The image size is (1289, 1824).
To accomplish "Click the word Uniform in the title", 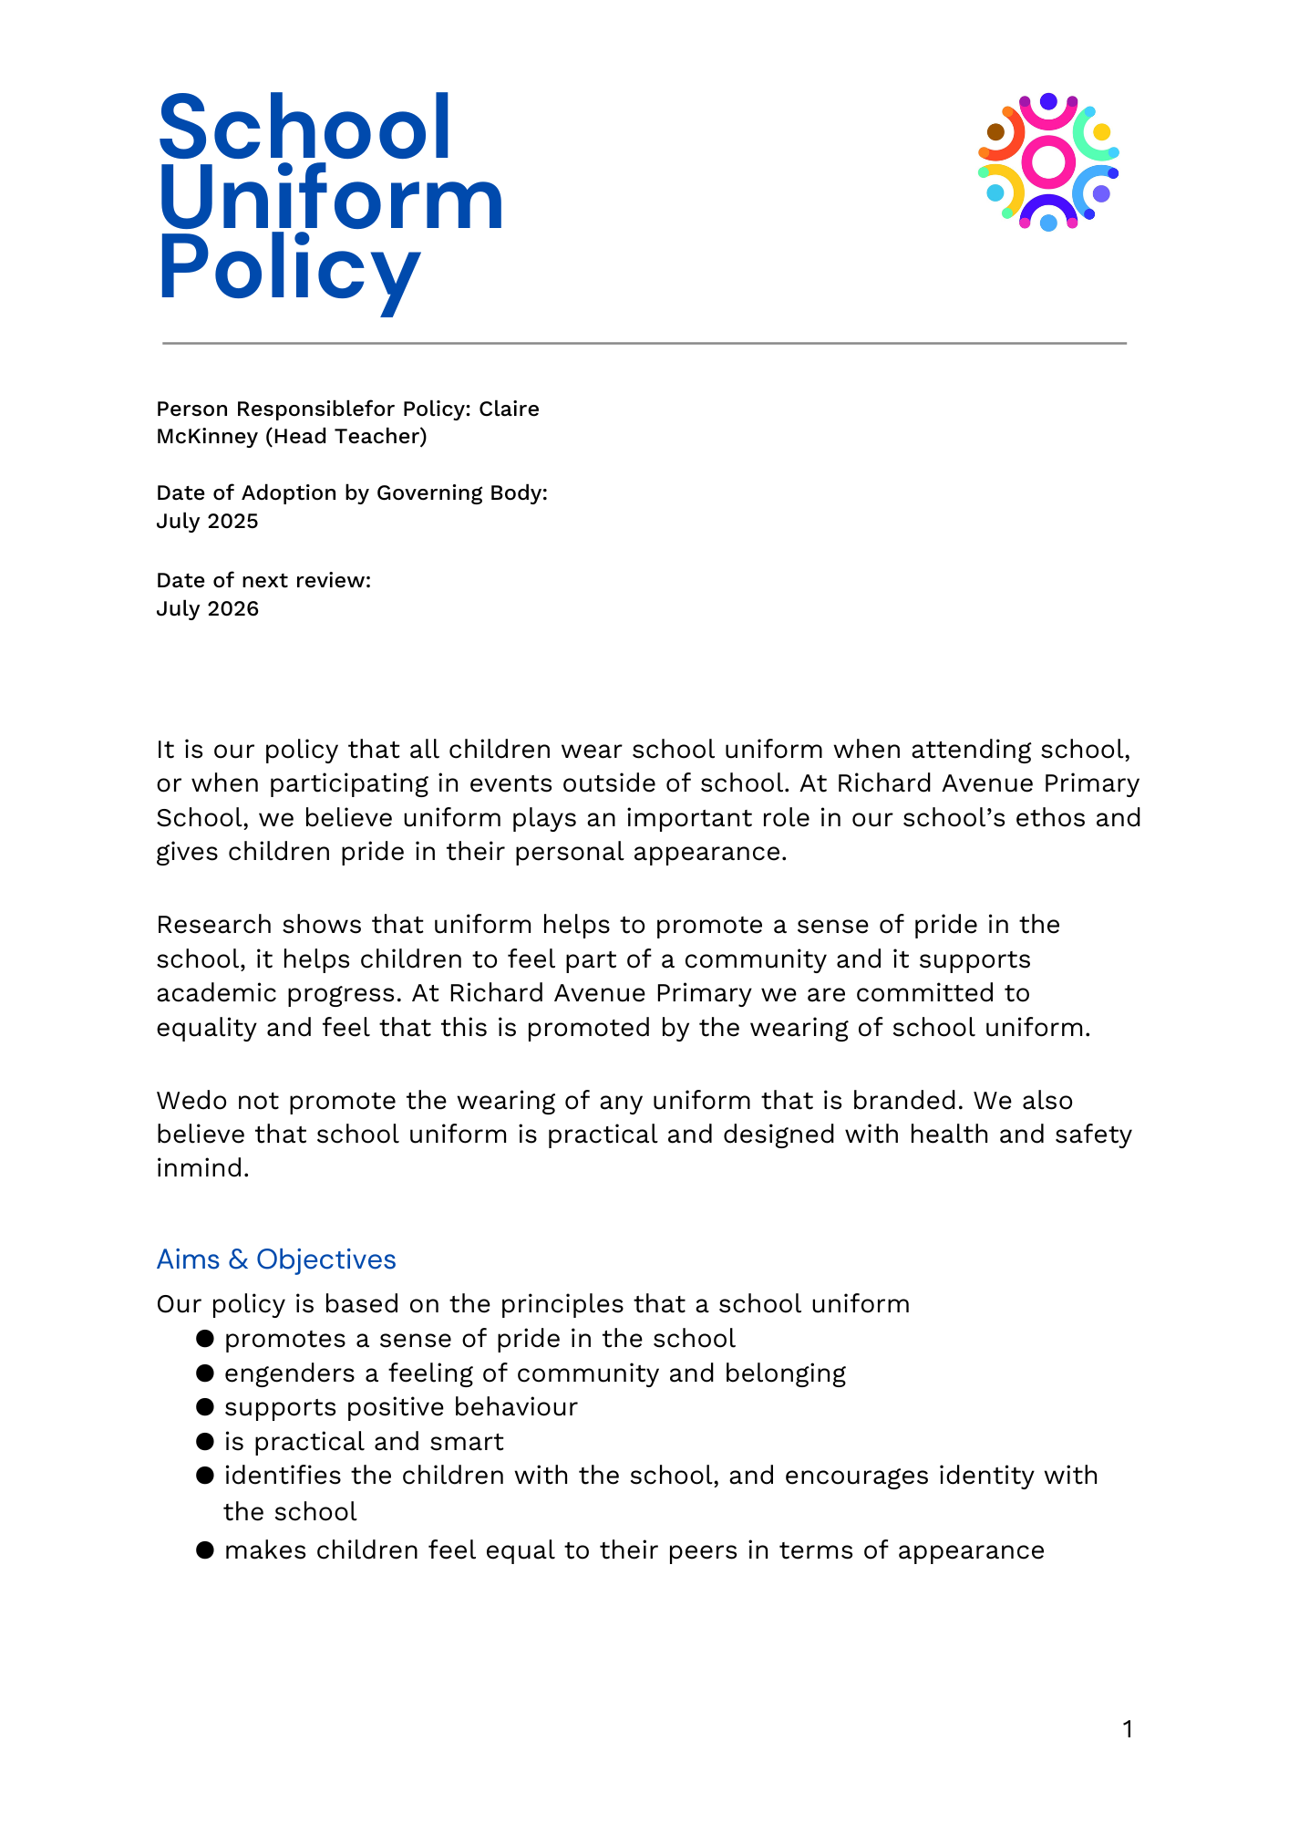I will coord(331,199).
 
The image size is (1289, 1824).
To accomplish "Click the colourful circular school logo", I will coord(1048,161).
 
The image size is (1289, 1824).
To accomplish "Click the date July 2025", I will coord(207,522).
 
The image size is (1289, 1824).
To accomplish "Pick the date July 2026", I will coord(207,609).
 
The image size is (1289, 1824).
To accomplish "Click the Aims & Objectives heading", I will coord(276,1259).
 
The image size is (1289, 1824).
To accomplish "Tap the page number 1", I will coord(1128,1729).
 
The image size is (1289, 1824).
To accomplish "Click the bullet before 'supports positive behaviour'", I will coord(205,1407).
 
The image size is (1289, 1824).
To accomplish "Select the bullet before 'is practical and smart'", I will coord(205,1442).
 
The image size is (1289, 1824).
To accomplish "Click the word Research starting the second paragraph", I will coord(214,925).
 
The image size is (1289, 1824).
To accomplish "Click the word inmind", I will coord(202,1168).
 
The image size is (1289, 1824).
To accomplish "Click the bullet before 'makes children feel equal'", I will coord(205,1550).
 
